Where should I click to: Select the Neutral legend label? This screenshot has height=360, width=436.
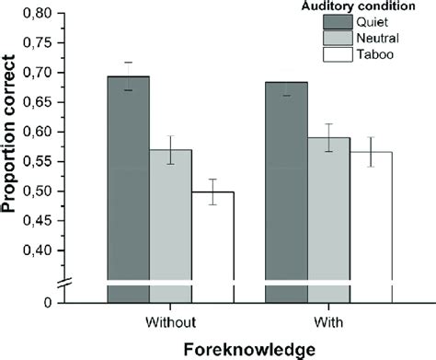[380, 38]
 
